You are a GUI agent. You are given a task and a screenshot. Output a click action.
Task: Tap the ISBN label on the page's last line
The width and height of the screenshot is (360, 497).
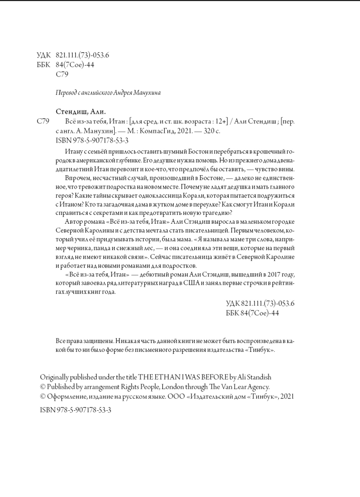[x=48, y=409]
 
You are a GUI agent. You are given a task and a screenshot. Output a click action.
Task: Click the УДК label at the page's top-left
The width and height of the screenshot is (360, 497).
[x=44, y=55]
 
